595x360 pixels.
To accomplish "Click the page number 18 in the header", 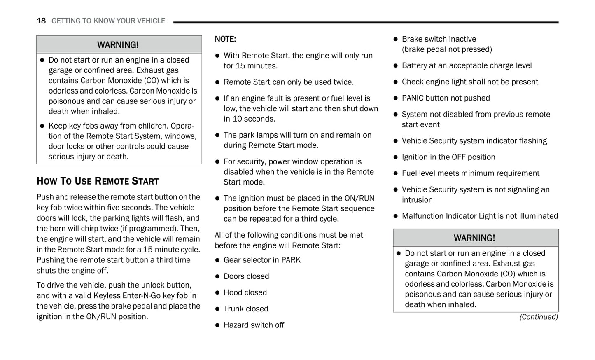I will pyautogui.click(x=41, y=21).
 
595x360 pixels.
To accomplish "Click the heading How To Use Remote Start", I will pyautogui.click(x=98, y=181).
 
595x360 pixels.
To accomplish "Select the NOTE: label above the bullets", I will pyautogui.click(x=225, y=39).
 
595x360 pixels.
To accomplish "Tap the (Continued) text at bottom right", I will pyautogui.click(x=538, y=317).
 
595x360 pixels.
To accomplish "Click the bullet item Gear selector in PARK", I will pyautogui.click(x=262, y=260).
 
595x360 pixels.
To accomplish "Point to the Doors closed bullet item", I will pyautogui.click(x=246, y=276).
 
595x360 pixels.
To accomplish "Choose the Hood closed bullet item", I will pyautogui.click(x=245, y=292).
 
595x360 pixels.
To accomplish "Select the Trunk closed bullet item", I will pyautogui.click(x=246, y=309).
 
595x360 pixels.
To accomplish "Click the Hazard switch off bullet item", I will pyautogui.click(x=254, y=325).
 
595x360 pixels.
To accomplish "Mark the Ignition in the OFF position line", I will pyautogui.click(x=448, y=157).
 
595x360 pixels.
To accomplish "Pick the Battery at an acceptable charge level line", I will pyautogui.click(x=467, y=65).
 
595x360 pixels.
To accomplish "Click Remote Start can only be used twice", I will pyautogui.click(x=288, y=82).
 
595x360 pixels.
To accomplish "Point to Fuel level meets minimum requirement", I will pyautogui.click(x=470, y=173).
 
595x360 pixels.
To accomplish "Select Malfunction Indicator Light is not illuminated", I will pyautogui.click(x=480, y=216).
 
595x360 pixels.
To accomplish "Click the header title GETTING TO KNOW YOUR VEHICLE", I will pyautogui.click(x=108, y=21).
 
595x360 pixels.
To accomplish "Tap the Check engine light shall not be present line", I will pyautogui.click(x=470, y=82).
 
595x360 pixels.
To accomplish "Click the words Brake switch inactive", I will pyautogui.click(x=439, y=39).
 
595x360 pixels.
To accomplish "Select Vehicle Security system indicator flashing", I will pyautogui.click(x=474, y=141).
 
